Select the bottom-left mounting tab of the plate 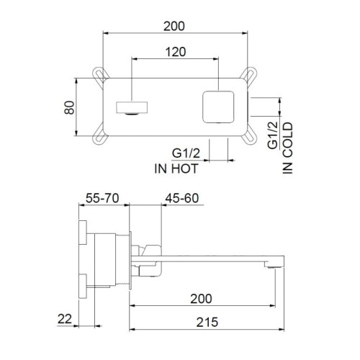pos(99,139)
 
